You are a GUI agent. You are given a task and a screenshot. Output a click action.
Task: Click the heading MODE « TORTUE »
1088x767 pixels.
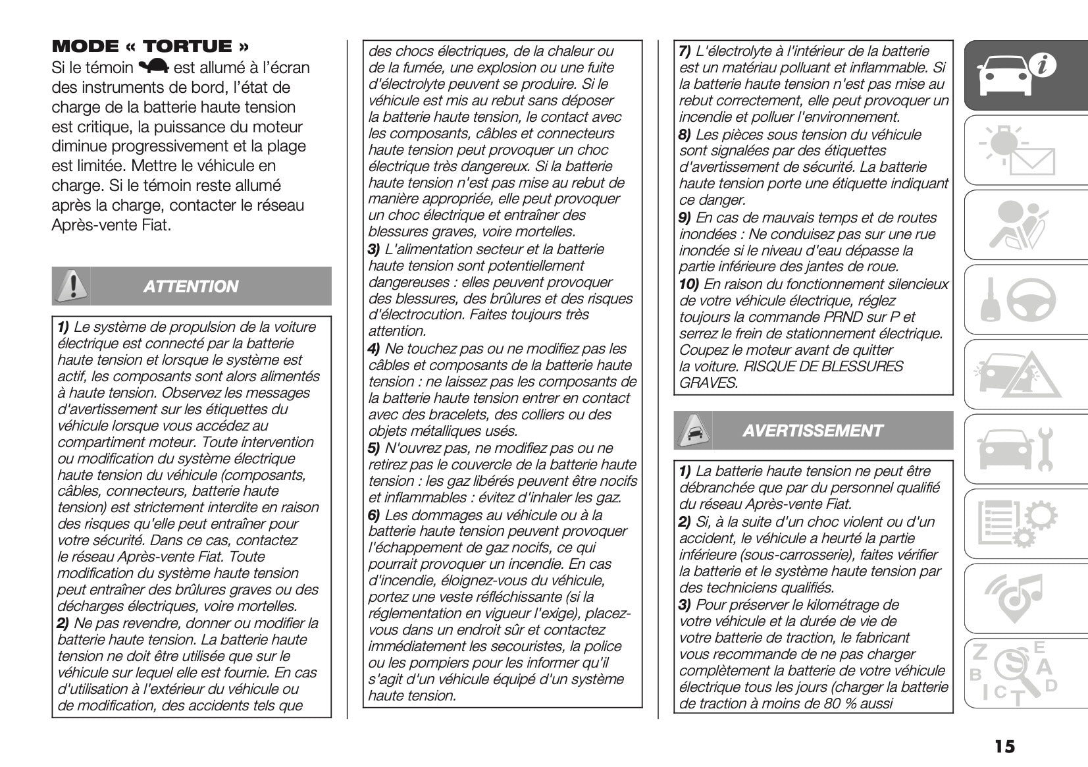pyautogui.click(x=151, y=46)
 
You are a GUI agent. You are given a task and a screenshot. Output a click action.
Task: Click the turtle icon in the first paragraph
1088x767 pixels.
pyautogui.click(x=155, y=67)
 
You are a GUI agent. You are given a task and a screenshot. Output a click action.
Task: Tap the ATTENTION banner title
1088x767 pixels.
pyautogui.click(x=191, y=287)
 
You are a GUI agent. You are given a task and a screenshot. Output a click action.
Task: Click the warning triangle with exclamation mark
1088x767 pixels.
pyautogui.click(x=72, y=286)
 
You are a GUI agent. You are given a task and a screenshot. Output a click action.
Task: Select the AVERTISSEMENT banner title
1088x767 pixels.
pyautogui.click(x=812, y=431)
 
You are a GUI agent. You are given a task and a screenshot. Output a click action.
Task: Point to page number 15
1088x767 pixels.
pyautogui.click(x=1004, y=747)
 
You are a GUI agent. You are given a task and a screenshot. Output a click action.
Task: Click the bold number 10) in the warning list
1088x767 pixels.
pyautogui.click(x=689, y=284)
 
